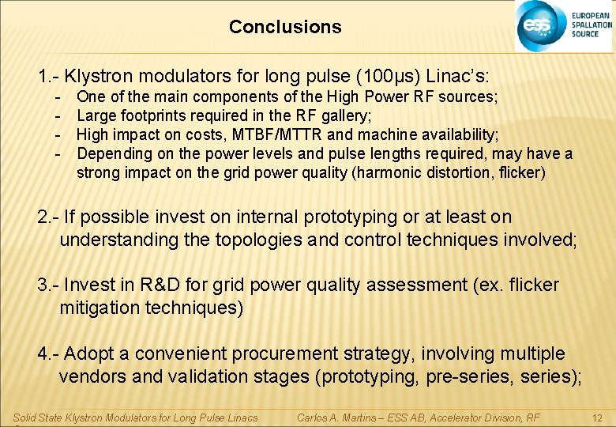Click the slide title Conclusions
click(x=285, y=27)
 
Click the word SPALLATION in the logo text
click(x=592, y=25)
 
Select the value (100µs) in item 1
click(x=389, y=77)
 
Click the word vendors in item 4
click(x=92, y=376)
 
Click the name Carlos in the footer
click(x=314, y=417)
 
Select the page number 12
click(x=597, y=417)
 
